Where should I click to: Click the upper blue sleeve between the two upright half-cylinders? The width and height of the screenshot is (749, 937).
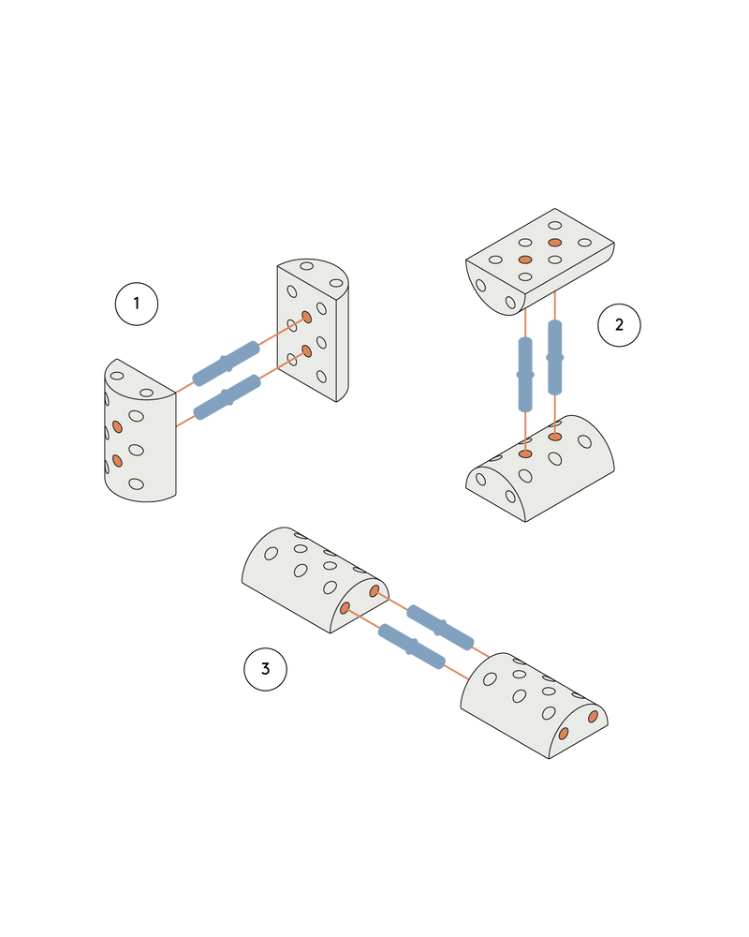[227, 363]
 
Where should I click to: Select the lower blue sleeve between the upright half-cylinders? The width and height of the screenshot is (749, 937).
[227, 397]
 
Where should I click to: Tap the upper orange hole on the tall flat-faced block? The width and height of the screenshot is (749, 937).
[306, 318]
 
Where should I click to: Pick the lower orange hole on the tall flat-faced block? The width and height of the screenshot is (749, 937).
[306, 351]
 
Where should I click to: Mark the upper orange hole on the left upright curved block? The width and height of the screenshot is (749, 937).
[117, 426]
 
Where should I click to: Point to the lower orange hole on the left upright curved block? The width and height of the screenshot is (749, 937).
[117, 460]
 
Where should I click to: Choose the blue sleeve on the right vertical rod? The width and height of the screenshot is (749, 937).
[554, 357]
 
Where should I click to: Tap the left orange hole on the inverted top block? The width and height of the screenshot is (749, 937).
[525, 259]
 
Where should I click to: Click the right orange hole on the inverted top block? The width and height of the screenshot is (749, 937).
[555, 243]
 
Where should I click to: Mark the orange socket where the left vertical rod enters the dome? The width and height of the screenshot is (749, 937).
[525, 454]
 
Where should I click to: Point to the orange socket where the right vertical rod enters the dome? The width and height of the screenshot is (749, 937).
[555, 437]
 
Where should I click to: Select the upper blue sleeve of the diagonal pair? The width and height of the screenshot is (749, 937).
[440, 626]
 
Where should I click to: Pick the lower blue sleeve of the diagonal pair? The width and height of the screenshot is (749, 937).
[410, 645]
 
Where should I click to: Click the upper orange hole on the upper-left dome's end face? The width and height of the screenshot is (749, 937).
[374, 591]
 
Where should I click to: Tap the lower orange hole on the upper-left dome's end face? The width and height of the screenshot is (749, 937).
[345, 608]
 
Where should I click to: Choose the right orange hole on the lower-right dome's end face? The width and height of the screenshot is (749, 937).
[593, 717]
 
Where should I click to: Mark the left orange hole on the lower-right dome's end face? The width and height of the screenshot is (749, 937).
[563, 734]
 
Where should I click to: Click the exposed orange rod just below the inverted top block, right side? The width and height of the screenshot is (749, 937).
[555, 305]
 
